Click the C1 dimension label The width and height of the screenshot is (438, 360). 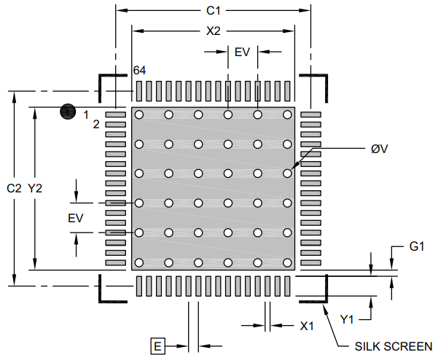(214, 11)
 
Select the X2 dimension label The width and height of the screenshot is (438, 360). (214, 31)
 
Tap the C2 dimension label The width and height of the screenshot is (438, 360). (15, 188)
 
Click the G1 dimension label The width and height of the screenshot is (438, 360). (416, 247)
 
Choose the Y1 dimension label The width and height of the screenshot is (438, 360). (348, 318)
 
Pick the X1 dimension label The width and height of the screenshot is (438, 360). (307, 326)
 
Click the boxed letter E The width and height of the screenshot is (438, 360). (157, 345)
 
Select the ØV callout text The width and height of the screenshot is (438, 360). (379, 149)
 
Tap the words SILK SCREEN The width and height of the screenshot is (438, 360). (393, 346)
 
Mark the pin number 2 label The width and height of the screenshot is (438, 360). (96, 124)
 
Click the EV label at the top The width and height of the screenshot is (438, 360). (242, 52)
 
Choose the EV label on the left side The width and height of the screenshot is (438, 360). (75, 218)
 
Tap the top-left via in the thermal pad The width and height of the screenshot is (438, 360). (138, 114)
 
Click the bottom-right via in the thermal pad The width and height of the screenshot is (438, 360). (288, 262)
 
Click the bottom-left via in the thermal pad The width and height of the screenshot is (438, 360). (138, 262)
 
